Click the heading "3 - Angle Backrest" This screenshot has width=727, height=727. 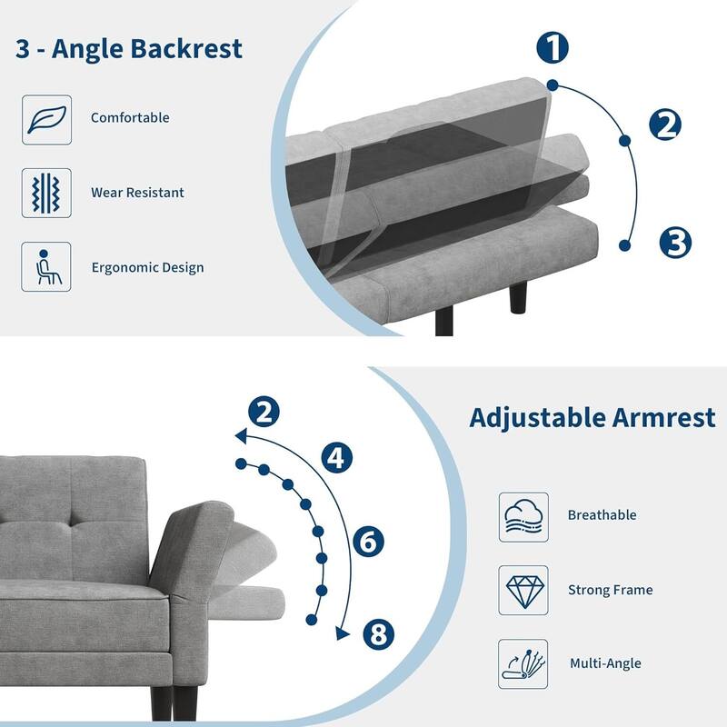click(x=129, y=48)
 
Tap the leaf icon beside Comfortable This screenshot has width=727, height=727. click(x=46, y=119)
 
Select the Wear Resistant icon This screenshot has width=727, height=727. click(x=46, y=193)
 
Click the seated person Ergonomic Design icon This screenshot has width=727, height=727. click(x=46, y=267)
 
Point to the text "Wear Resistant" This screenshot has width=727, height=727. click(x=137, y=193)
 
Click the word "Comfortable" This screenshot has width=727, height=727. click(x=130, y=118)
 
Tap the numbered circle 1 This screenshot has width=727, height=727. click(x=553, y=47)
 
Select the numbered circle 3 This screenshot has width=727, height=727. click(x=675, y=243)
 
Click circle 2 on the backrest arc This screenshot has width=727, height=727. click(x=666, y=125)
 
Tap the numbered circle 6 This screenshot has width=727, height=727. click(x=368, y=543)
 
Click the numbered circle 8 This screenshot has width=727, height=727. click(x=379, y=633)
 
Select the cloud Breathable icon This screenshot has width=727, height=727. click(x=523, y=516)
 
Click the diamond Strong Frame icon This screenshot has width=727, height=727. click(x=523, y=591)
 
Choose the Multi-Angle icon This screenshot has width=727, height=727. click(x=523, y=663)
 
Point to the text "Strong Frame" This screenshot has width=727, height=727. click(x=610, y=591)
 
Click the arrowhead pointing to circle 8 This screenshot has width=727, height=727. click(x=343, y=632)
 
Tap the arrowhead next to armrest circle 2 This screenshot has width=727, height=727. click(x=241, y=436)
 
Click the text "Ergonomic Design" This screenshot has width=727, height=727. click(x=147, y=268)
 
